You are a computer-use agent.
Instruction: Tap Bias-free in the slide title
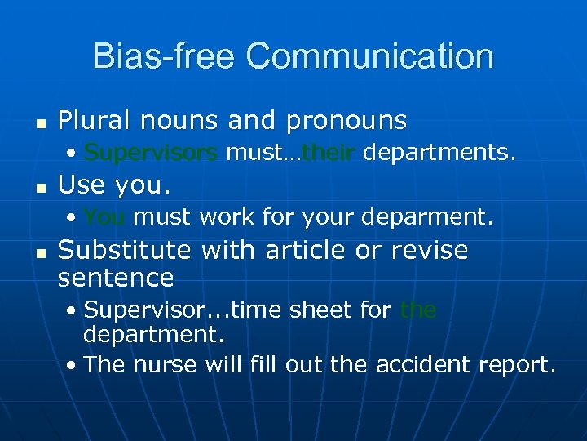164,57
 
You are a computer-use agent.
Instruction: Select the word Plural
96,121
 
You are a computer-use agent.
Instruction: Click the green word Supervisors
150,153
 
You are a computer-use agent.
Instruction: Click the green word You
104,217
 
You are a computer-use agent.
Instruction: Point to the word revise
429,250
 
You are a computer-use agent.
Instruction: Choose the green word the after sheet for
418,310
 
